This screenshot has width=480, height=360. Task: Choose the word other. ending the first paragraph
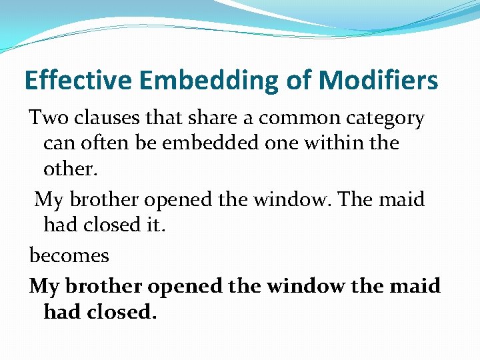70,169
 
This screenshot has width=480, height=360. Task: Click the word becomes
69,255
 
